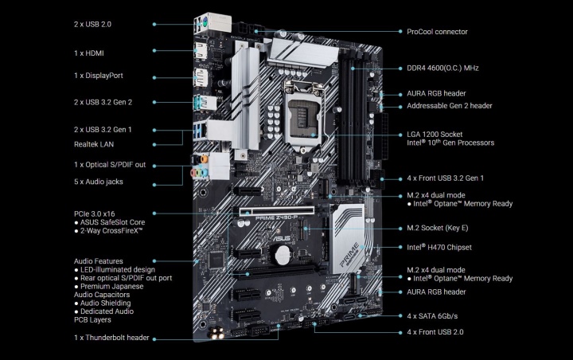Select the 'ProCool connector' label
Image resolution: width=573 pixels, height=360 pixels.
pos(437,32)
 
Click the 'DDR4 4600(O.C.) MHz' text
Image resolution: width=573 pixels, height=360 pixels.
pos(450,68)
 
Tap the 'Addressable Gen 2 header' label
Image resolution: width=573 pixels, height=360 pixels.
pos(450,105)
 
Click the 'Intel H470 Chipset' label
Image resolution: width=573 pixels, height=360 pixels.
pos(440,248)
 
